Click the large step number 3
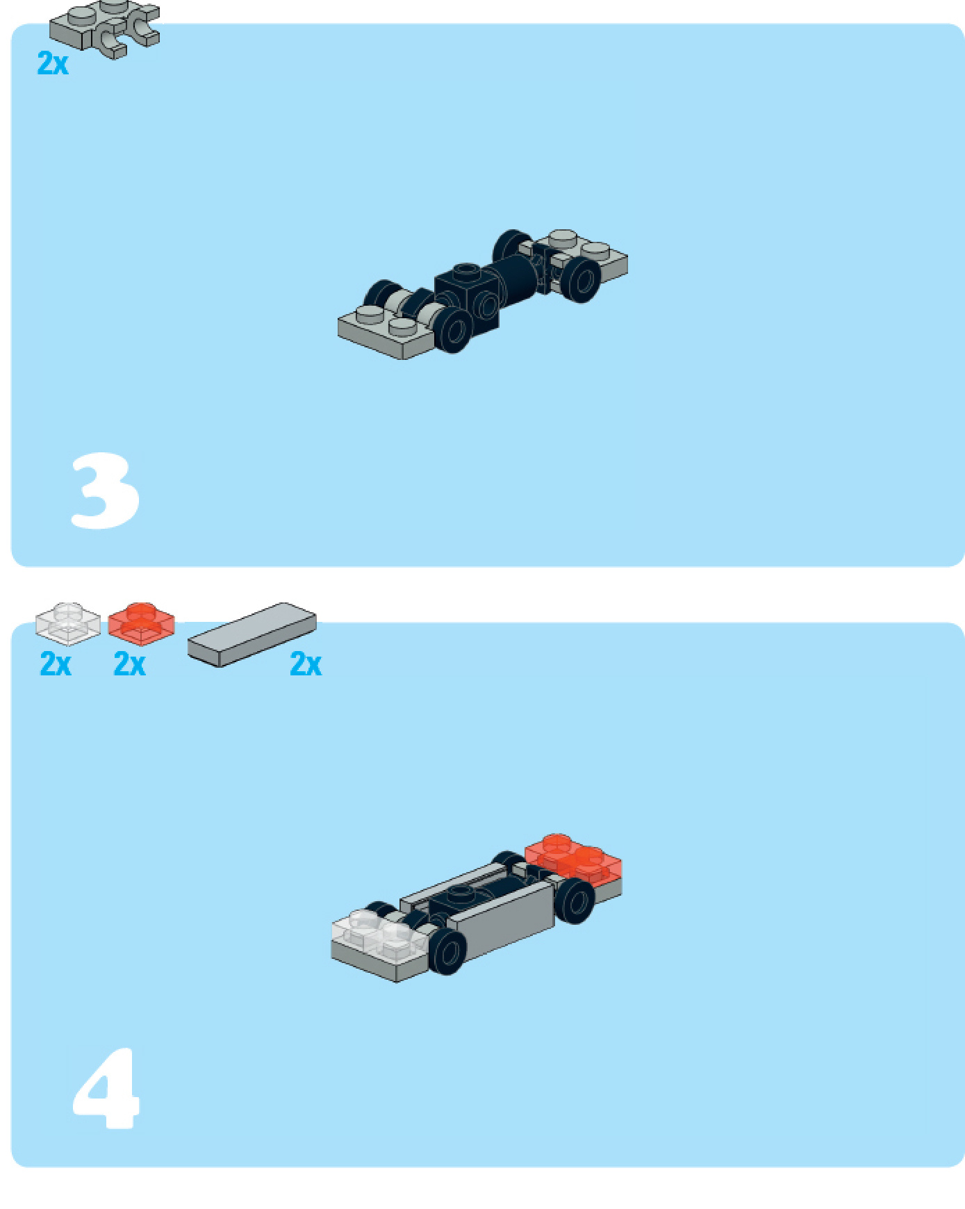click(x=106, y=491)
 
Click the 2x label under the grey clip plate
click(x=53, y=63)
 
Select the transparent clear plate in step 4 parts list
click(x=67, y=623)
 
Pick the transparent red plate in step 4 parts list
click(x=141, y=622)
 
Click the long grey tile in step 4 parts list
click(x=251, y=634)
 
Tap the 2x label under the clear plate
click(x=56, y=664)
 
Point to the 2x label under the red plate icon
click(x=129, y=664)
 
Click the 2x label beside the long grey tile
click(x=306, y=664)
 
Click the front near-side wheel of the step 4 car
click(x=448, y=952)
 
